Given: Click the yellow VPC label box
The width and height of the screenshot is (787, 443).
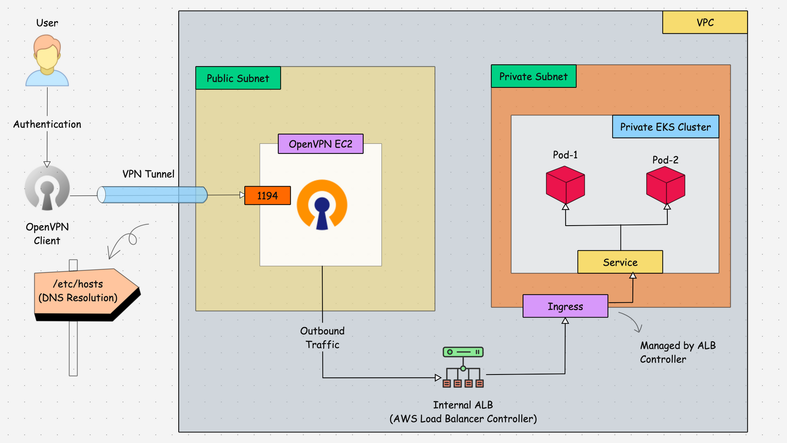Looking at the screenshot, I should click(x=705, y=23).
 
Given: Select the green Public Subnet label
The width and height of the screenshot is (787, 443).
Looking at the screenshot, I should click(x=238, y=78).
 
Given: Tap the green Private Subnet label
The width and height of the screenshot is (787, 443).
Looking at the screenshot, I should click(x=533, y=76).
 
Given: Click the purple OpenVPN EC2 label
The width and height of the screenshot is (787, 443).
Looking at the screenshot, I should click(x=320, y=144).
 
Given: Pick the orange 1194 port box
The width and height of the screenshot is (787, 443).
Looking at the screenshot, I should click(x=267, y=196).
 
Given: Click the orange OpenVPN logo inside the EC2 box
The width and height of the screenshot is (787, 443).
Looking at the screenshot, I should click(x=322, y=204).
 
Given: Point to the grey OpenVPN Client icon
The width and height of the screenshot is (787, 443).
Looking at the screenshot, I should click(x=47, y=188).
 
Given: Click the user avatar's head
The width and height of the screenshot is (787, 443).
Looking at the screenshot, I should click(x=47, y=53).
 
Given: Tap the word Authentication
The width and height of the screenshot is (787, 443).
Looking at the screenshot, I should click(x=47, y=124).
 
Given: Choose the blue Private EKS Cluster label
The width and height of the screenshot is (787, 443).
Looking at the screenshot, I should click(x=665, y=127).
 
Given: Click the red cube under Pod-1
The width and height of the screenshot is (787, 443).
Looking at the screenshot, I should click(x=565, y=185).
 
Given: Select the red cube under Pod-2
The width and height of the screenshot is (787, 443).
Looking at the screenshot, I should click(x=665, y=185).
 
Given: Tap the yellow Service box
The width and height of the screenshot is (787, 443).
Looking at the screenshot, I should click(x=620, y=262).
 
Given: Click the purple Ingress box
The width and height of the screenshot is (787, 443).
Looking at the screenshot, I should click(x=565, y=306).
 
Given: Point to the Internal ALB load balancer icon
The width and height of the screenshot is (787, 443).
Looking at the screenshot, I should click(x=463, y=368).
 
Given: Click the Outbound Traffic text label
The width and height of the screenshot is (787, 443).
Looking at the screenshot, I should click(x=322, y=338).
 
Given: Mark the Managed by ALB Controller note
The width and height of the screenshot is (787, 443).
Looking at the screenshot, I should click(x=678, y=352).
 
